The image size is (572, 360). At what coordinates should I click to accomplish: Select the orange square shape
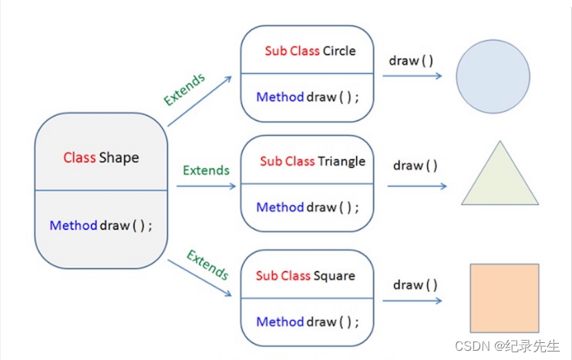pos(504,298)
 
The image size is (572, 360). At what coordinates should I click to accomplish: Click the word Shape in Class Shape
pos(119,158)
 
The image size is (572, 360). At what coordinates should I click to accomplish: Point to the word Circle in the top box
pos(339,51)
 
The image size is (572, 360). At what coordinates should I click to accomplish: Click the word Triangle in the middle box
pos(342,161)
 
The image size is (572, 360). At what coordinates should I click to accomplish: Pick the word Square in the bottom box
pos(334,275)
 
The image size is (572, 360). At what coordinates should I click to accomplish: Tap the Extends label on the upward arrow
pos(185,89)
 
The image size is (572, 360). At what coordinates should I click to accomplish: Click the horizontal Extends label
pos(206,170)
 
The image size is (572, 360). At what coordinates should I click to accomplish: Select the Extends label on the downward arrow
pos(207,265)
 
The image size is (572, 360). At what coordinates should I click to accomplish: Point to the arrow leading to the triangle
pos(416,186)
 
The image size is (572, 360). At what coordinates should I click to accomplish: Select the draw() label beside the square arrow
pos(415,285)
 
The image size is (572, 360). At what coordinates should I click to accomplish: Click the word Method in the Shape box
pos(73,226)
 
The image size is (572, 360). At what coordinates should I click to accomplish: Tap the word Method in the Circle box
pos(280,97)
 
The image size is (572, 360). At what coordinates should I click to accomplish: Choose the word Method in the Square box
pos(280,321)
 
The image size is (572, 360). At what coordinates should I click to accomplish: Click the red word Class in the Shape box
pos(79,158)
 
